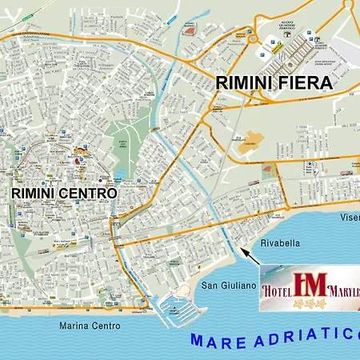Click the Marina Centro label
(90, 326)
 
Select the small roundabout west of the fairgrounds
(250, 38)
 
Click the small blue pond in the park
(118, 174)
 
